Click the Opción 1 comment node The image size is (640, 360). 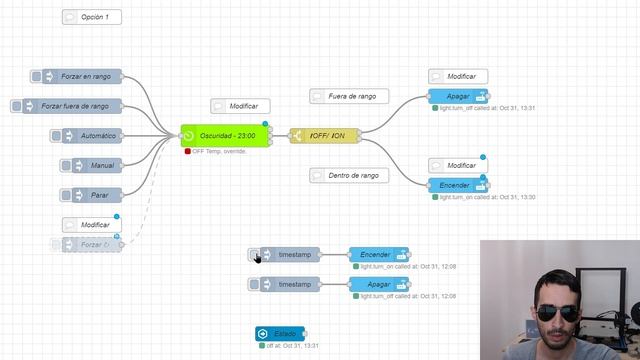click(92, 17)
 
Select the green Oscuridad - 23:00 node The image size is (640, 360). click(226, 136)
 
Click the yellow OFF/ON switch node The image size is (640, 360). click(324, 136)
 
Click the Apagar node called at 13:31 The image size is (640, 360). click(457, 96)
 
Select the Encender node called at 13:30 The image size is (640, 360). click(457, 185)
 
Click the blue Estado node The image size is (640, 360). click(280, 333)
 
